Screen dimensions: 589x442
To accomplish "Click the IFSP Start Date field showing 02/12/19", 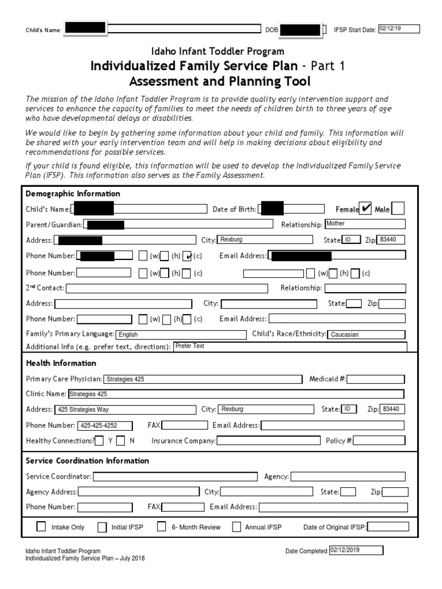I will (399, 29).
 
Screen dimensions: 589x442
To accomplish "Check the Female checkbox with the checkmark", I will (365, 209).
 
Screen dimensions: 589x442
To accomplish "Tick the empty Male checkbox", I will (398, 209).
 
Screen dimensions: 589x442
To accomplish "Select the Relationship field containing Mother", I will (365, 224).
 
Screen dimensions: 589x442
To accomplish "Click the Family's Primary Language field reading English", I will (180, 334).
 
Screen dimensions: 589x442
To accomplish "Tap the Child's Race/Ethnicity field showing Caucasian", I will (366, 334).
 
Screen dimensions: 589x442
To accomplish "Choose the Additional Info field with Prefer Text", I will (290, 346).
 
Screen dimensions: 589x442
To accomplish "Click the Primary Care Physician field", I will (203, 379).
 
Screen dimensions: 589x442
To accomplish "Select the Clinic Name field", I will (235, 394).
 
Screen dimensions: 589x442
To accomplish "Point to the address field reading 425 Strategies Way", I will (125, 410).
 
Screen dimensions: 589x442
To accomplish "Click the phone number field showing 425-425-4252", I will (104, 426).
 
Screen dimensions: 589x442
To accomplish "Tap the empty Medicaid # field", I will (376, 379).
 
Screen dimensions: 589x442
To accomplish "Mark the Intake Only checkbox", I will (41, 526).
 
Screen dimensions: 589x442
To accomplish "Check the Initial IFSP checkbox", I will (102, 527).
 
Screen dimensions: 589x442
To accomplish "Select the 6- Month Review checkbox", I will (162, 526).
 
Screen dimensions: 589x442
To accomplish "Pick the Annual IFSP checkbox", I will (237, 527).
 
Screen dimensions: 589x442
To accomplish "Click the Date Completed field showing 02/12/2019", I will (356, 550).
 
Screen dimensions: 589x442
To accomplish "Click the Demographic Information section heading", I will (73, 194).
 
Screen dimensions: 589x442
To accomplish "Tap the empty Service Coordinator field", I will (175, 476).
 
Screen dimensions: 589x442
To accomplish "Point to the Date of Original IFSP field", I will (388, 527).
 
